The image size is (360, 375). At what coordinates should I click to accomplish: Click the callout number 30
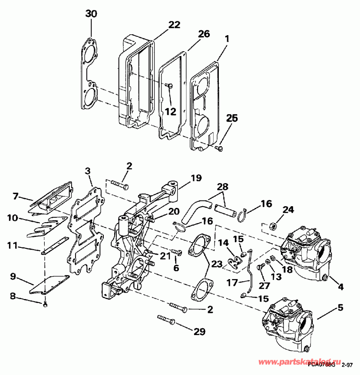[x=91, y=14]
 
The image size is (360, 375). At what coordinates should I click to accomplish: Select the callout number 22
[x=174, y=25]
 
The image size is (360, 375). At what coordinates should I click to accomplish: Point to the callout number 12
[x=170, y=112]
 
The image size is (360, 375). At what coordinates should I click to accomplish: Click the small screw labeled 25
[x=219, y=149]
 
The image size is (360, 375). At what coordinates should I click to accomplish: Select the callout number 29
[x=199, y=332]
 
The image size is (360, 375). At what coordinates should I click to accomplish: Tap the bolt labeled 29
[x=166, y=320]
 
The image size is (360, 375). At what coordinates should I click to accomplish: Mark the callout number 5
[x=340, y=308]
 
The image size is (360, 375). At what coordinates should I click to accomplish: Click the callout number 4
[x=340, y=286]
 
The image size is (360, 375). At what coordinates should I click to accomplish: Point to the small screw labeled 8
[x=46, y=307]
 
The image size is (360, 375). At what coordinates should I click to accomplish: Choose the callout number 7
[x=15, y=197]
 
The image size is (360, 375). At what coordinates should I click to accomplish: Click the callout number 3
[x=88, y=171]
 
